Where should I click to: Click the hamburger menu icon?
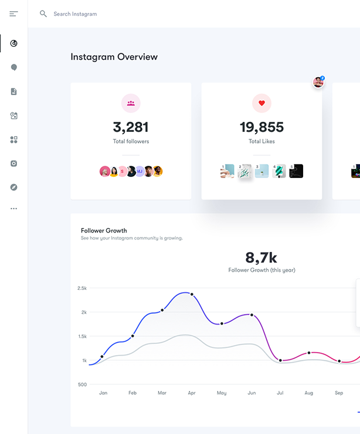13,13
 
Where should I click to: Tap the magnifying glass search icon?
43,13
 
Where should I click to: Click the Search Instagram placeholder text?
75,14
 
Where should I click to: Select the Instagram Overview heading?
114,57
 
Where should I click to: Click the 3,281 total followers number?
131,127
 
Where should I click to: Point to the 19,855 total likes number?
261,127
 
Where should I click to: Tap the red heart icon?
261,104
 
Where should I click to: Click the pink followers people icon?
131,104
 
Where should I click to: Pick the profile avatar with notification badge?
318,82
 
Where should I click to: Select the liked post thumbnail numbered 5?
296,171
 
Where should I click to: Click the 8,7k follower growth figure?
261,257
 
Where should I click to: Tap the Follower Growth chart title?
104,231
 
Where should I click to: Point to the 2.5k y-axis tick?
82,288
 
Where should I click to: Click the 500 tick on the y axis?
83,384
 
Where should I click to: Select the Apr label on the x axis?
191,393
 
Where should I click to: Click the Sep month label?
339,393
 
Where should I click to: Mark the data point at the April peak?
192,294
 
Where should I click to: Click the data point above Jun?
252,315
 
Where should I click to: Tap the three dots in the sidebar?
13,209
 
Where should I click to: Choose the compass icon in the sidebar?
13,187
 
